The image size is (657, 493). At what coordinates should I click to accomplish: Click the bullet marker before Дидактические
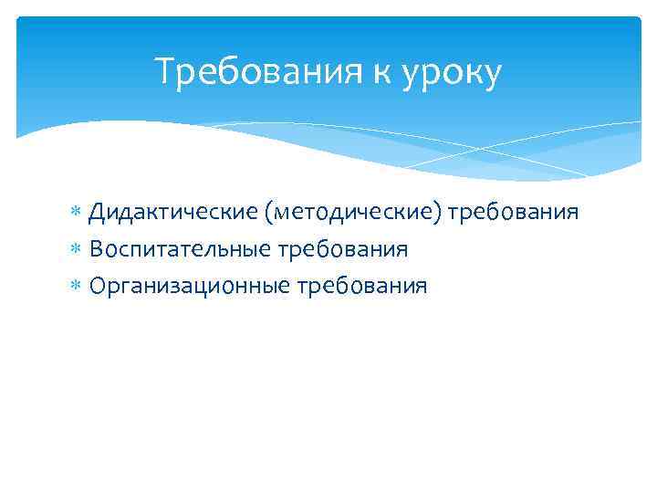77,214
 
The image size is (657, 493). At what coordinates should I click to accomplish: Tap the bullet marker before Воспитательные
77,250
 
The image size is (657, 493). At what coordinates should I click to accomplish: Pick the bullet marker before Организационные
77,287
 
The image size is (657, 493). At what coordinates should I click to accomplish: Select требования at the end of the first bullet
513,214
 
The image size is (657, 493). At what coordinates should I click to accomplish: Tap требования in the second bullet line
342,250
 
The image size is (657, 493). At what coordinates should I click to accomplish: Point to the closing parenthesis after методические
443,214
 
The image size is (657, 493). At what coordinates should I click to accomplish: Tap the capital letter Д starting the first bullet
96,213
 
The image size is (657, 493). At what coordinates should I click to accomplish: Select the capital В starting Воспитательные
95,249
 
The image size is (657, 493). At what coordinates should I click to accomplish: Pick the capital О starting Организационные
97,286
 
